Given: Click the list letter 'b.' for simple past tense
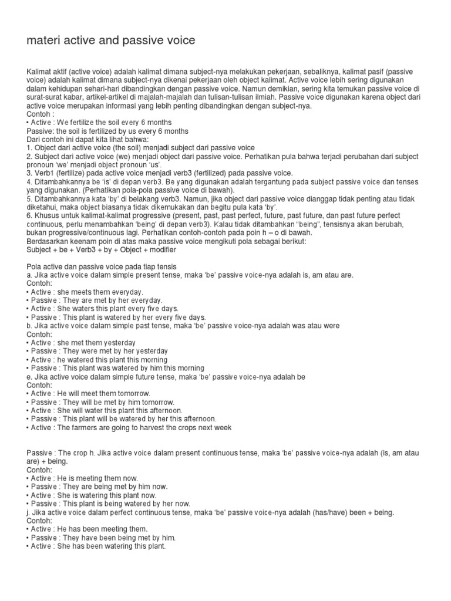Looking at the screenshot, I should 30,326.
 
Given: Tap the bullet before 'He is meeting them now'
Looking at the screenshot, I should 28,478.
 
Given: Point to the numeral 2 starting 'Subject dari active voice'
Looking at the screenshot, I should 29,157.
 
